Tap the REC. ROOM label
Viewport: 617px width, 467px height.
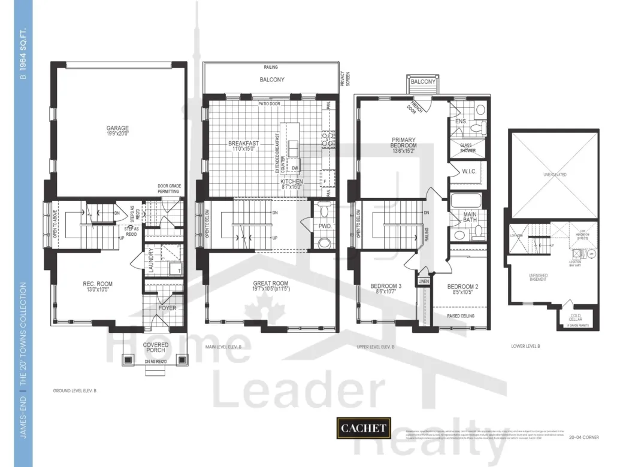point(97,284)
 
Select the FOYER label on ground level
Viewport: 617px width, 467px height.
point(168,308)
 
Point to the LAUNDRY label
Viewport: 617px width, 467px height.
point(152,260)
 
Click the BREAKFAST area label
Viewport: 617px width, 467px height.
point(243,144)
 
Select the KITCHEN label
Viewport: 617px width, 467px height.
point(292,181)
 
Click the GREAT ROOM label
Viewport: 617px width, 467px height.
point(271,284)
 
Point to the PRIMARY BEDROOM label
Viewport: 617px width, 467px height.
point(403,144)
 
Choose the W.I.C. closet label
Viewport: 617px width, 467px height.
point(468,172)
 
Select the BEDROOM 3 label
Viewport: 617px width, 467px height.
point(386,286)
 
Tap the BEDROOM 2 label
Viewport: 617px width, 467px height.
point(463,286)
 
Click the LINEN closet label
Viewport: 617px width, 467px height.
point(423,281)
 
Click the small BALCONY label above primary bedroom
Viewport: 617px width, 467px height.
point(422,81)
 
